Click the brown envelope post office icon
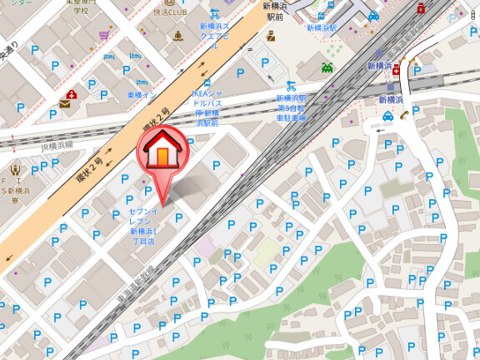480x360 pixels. [65, 105]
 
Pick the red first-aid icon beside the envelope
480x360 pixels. [72, 94]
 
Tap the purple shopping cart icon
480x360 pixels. [104, 36]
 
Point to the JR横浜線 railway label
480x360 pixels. [57, 147]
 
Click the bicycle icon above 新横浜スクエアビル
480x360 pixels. [215, 13]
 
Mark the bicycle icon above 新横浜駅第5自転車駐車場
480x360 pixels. [291, 85]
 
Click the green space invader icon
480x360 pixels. [328, 66]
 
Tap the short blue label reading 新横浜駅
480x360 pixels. [321, 27]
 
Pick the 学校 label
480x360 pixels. [80, 11]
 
